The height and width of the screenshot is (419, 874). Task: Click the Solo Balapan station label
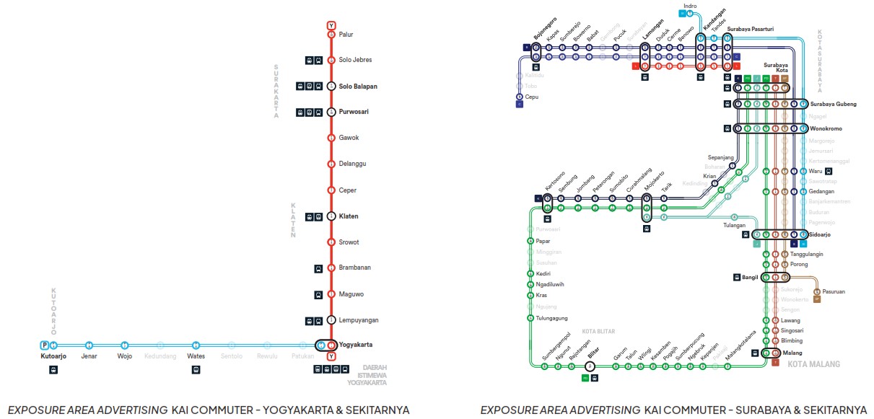358,87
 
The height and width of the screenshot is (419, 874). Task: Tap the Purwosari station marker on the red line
331,112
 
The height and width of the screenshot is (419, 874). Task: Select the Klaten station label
349,216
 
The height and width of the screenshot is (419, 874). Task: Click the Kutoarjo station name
53,356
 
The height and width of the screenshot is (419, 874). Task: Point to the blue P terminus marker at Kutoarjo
45,345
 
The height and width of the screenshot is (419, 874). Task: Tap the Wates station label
196,356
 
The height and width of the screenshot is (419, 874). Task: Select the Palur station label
346,34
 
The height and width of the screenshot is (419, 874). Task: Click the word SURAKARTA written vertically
276,90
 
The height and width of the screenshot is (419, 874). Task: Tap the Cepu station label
532,97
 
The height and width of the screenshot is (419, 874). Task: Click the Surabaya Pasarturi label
751,30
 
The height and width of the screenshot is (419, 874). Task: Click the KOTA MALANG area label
814,364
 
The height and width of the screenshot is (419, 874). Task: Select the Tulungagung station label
552,318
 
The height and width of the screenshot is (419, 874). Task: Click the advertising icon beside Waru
828,172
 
